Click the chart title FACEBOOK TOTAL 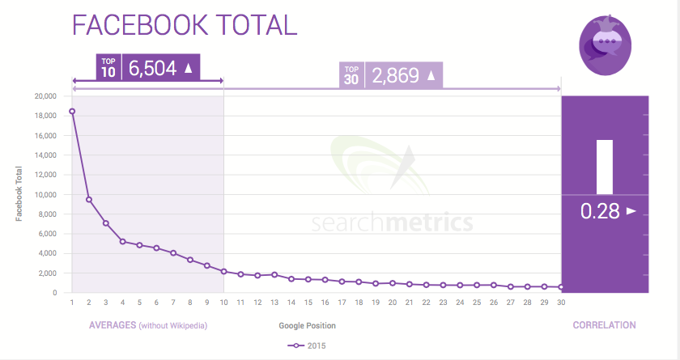[185, 26]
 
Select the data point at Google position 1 [72, 111]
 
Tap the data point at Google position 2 [89, 200]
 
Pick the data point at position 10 [223, 271]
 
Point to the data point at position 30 [561, 287]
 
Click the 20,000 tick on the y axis [44, 96]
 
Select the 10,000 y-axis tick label [44, 195]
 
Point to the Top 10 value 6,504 [152, 69]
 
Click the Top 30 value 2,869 [396, 77]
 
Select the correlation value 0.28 [600, 212]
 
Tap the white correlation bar [605, 167]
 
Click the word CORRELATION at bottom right [604, 325]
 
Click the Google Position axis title [307, 325]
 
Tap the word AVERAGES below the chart [111, 325]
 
